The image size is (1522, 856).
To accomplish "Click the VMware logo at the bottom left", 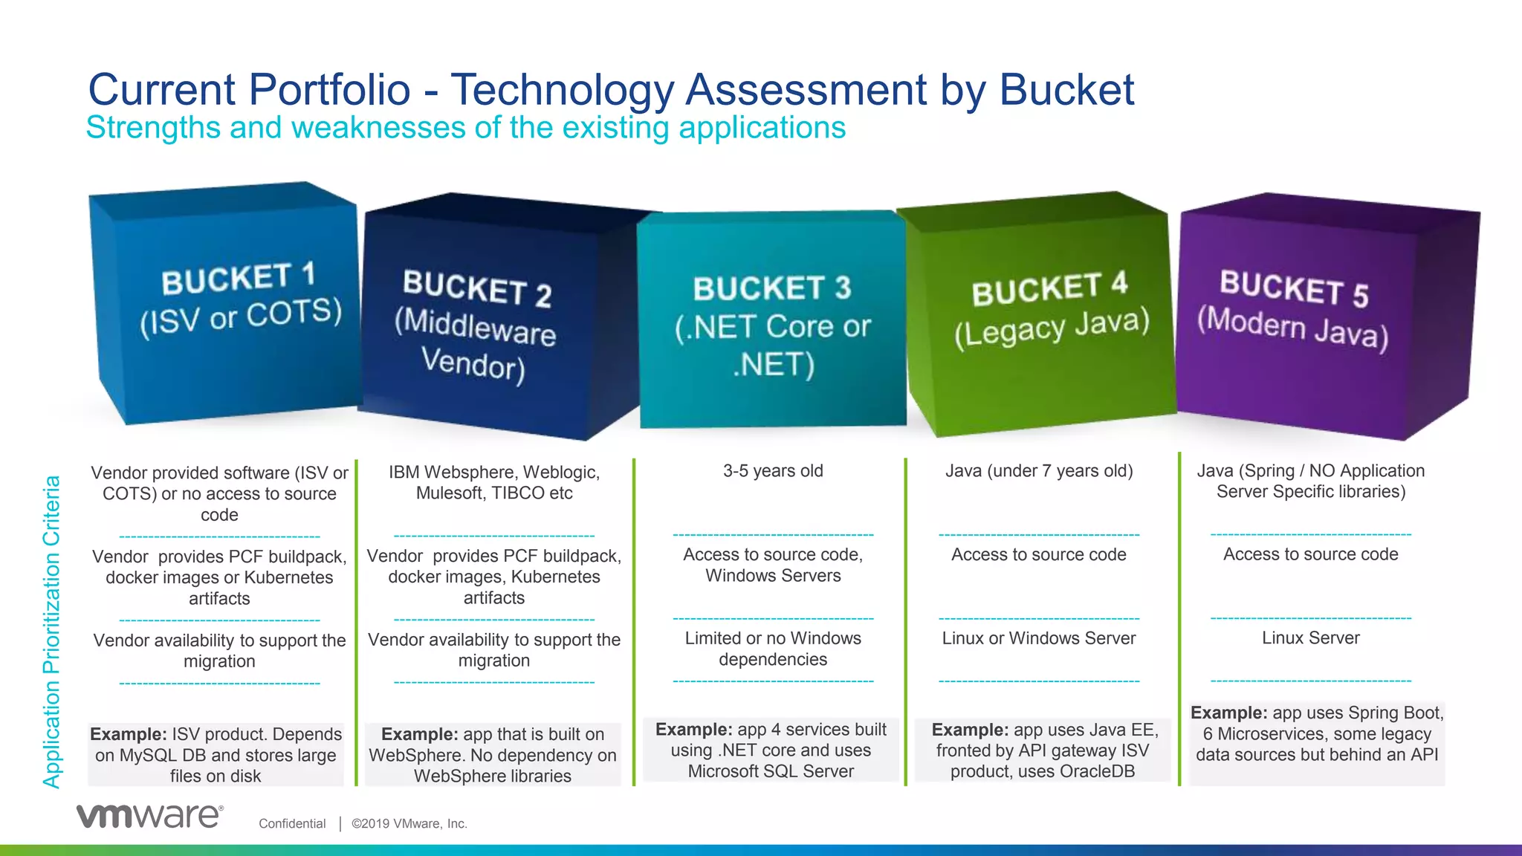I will [x=149, y=816].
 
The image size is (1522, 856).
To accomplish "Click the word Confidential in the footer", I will [x=292, y=823].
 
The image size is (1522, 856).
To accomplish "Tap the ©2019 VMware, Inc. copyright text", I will [x=409, y=823].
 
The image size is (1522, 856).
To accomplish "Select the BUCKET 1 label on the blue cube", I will [x=239, y=279].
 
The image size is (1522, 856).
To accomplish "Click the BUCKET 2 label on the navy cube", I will [x=476, y=288].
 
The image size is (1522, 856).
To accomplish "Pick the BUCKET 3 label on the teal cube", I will [x=771, y=288].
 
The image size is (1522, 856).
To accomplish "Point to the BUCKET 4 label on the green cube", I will [x=1049, y=288].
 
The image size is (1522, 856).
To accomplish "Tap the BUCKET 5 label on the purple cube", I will [x=1293, y=288].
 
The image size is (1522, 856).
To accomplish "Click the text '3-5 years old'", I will [x=773, y=471].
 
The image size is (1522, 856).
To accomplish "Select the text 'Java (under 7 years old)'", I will [x=1039, y=471].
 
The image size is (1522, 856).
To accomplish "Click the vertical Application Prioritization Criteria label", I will [x=51, y=632].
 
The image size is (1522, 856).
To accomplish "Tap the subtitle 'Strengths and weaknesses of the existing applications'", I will [x=466, y=128].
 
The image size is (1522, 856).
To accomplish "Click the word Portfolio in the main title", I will [x=329, y=90].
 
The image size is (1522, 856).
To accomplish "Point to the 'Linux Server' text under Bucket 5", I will [x=1310, y=638].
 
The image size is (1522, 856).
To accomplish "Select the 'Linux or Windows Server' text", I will [x=1038, y=638].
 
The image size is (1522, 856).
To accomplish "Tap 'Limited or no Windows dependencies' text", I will [x=773, y=649].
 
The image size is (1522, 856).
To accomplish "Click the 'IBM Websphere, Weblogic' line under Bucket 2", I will [x=494, y=473].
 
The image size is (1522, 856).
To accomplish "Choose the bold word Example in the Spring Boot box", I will [x=1228, y=713].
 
